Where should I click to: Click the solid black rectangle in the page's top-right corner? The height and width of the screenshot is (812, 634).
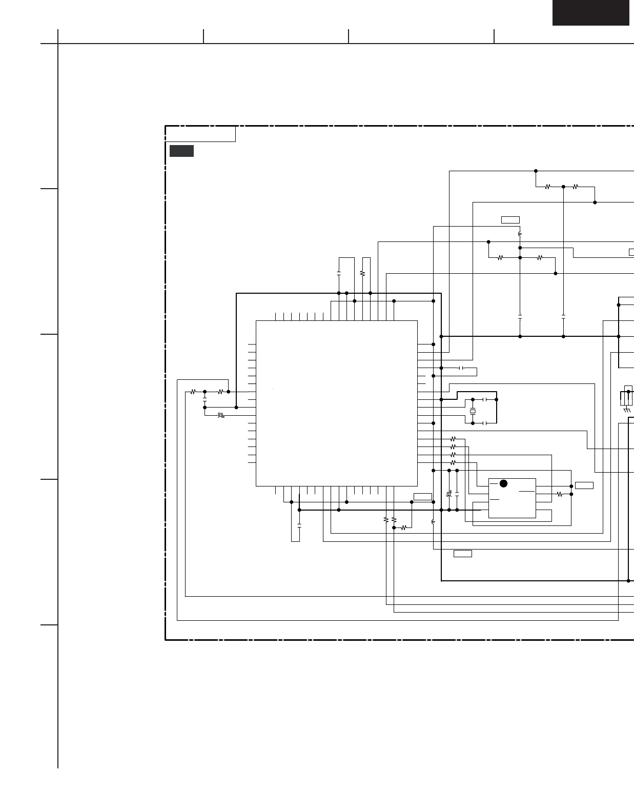click(590, 13)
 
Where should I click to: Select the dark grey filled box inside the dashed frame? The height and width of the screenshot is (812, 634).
click(181, 151)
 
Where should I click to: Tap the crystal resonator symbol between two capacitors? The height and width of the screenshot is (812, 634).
click(473, 411)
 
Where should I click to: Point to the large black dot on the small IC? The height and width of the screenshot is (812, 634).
click(503, 483)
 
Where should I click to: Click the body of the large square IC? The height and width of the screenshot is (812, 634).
click(336, 403)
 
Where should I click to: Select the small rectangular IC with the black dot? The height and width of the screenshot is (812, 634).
click(512, 498)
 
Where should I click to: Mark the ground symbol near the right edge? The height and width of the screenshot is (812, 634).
click(626, 410)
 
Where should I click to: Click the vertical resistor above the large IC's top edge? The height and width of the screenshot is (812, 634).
click(362, 273)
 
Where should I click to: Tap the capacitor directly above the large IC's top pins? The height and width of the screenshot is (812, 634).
click(339, 274)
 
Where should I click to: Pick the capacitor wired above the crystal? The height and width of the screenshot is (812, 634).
click(485, 399)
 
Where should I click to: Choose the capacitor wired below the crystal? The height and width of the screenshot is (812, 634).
click(485, 423)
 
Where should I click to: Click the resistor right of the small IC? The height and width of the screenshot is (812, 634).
click(559, 494)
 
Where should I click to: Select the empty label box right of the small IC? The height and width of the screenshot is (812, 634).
click(584, 485)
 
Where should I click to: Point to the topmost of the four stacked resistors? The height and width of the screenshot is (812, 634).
click(453, 439)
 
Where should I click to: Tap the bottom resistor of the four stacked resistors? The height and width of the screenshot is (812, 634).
click(453, 462)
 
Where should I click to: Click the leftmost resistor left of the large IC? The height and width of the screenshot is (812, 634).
click(193, 392)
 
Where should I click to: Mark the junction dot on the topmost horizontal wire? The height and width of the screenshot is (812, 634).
click(536, 171)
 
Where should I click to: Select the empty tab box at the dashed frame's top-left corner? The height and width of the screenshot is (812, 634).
click(200, 134)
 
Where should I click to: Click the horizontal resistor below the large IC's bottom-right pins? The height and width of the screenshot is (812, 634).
click(403, 527)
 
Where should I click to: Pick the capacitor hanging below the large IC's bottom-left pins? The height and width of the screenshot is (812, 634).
click(299, 525)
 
